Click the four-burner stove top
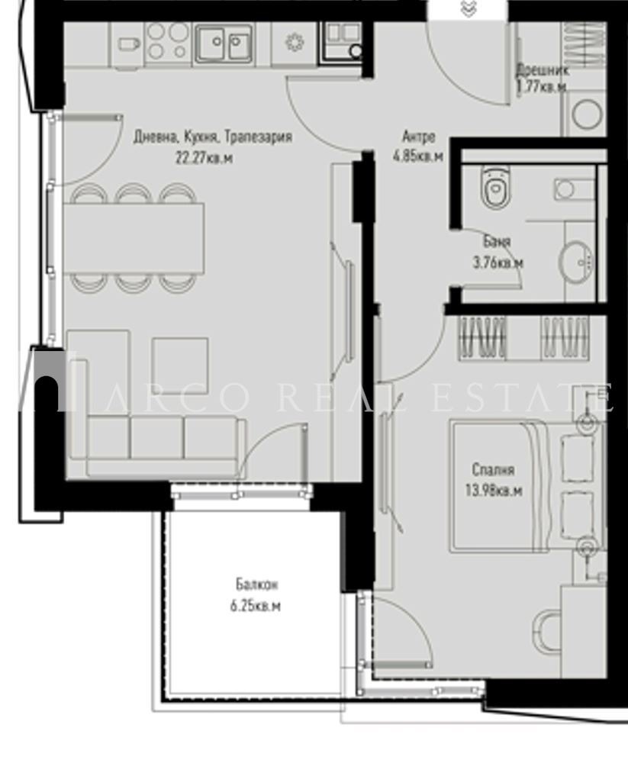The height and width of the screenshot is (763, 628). click(167, 40)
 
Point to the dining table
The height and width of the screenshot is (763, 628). click(134, 237)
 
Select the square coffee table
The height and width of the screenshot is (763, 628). click(180, 365)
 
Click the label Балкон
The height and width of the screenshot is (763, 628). click(256, 585)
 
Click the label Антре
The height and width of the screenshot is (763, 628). click(419, 137)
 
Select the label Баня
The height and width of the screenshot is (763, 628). click(497, 242)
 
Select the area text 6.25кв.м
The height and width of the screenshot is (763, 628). click(256, 607)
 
